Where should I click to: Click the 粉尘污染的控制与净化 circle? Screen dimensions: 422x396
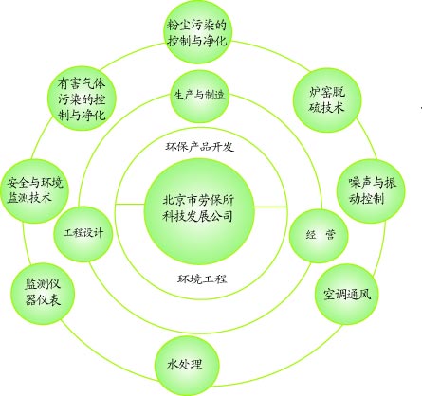click(x=197, y=32)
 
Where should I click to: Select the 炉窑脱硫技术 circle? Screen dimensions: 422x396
click(x=327, y=99)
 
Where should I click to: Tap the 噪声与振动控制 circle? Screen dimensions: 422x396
click(x=371, y=190)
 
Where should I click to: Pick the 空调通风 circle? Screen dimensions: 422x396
click(x=347, y=295)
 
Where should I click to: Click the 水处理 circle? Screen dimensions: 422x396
click(x=187, y=366)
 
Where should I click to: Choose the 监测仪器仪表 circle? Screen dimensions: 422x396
click(x=43, y=294)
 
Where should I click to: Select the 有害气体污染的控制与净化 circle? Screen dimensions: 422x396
click(x=82, y=99)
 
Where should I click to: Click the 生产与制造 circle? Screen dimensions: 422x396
click(x=199, y=97)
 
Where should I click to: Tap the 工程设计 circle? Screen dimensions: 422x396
click(x=83, y=234)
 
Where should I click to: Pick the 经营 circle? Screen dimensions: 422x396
click(x=319, y=235)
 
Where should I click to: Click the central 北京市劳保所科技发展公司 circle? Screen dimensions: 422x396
click(x=199, y=211)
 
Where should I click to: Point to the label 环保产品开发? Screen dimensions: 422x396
click(x=199, y=147)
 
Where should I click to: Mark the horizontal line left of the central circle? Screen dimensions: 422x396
click(x=130, y=205)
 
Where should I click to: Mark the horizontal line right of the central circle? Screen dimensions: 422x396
click(x=270, y=207)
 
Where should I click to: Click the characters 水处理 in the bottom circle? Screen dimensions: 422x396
click(x=185, y=365)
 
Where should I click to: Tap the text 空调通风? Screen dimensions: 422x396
click(x=347, y=295)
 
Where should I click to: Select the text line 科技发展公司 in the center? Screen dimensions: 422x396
click(x=197, y=216)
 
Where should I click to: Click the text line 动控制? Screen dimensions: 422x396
click(x=366, y=199)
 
